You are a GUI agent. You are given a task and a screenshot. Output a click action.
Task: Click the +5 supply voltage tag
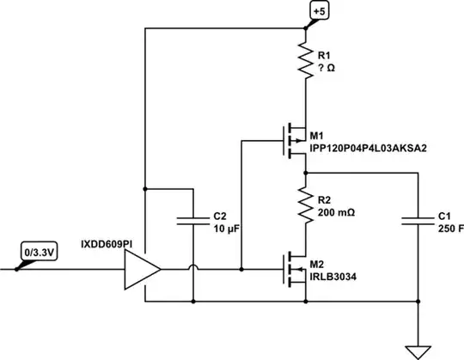coord(319,11)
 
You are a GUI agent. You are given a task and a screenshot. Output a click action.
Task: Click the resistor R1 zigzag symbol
coord(305,61)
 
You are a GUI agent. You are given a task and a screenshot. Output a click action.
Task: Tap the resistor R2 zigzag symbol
coord(305,204)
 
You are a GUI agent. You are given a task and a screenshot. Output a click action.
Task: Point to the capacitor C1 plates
coord(418,221)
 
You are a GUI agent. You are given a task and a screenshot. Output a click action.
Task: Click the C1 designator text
coord(443,216)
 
